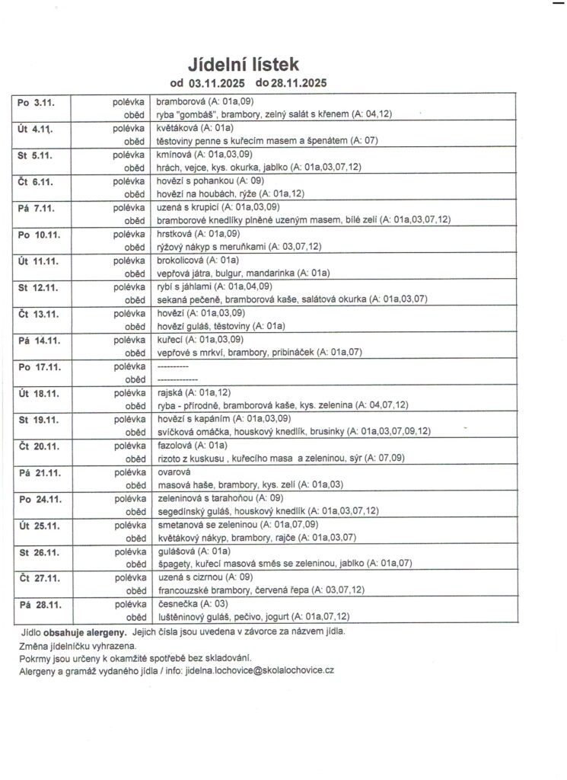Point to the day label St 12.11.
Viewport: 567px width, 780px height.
37,286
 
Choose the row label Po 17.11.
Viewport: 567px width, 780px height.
37,366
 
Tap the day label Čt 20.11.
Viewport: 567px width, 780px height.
37,446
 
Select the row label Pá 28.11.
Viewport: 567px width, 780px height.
37,604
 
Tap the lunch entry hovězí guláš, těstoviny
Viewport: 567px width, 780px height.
220,326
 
